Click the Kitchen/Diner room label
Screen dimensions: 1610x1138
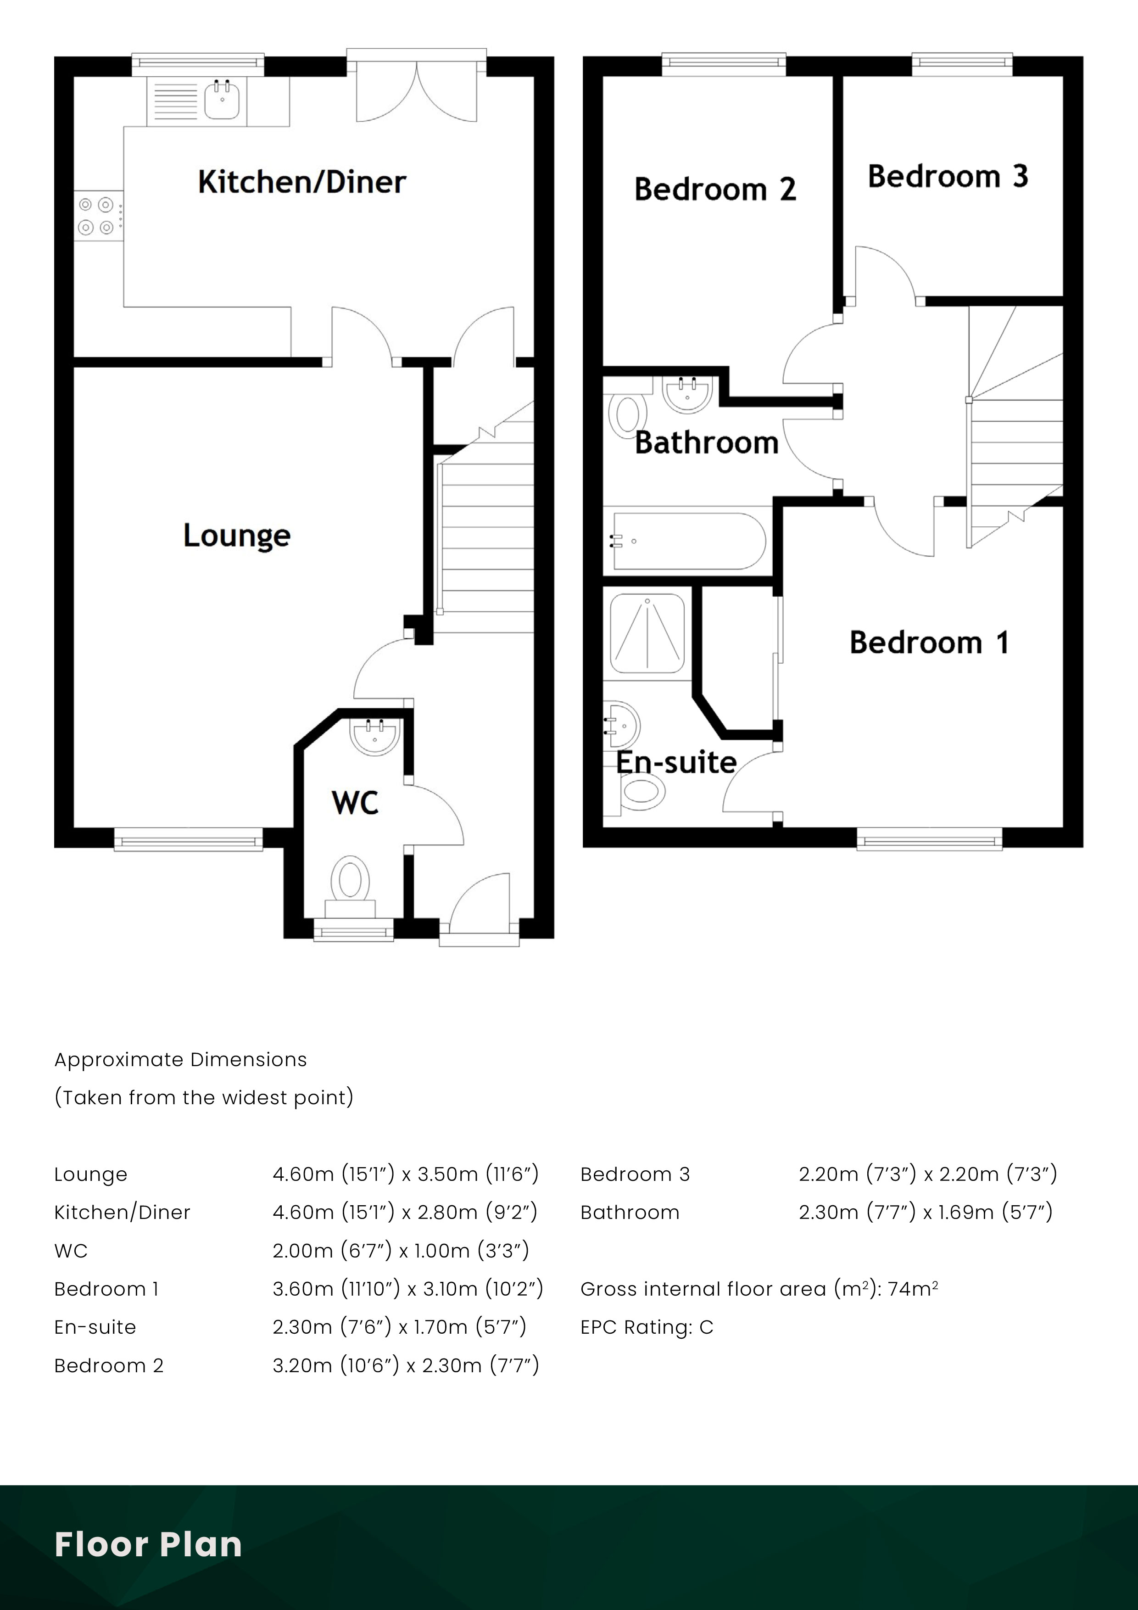pyautogui.click(x=301, y=182)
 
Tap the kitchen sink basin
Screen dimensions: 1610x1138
pyautogui.click(x=222, y=100)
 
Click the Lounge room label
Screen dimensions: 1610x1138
pyautogui.click(x=236, y=536)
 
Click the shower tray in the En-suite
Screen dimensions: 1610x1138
pyautogui.click(x=647, y=633)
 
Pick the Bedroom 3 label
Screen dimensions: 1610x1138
pyautogui.click(x=948, y=177)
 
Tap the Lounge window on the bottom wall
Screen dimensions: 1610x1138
pyautogui.click(x=188, y=839)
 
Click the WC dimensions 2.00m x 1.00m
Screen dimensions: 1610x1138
pyautogui.click(x=401, y=1250)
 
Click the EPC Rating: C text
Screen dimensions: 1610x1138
pyautogui.click(x=647, y=1327)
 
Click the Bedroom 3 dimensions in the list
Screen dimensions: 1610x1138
pyautogui.click(x=927, y=1174)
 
